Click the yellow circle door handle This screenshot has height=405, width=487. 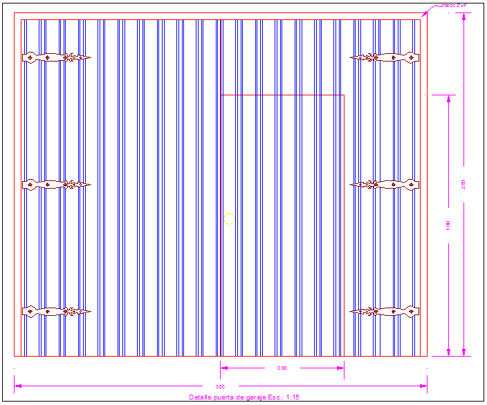pos(229,219)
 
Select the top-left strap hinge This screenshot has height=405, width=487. pos(57,58)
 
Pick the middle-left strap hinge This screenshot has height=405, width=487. pos(57,185)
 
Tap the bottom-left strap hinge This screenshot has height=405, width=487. pos(57,312)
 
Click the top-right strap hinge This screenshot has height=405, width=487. pos(385,58)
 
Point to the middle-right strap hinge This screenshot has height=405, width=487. pos(385,185)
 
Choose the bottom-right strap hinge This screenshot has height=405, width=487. pos(385,312)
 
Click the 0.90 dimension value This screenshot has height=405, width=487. pos(282,368)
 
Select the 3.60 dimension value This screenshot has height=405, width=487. pos(221,386)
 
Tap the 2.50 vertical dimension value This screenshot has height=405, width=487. pos(464,184)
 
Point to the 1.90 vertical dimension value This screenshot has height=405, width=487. pos(449,225)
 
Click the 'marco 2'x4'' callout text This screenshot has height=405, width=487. pos(455,6)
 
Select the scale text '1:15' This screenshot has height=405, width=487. pos(292,397)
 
